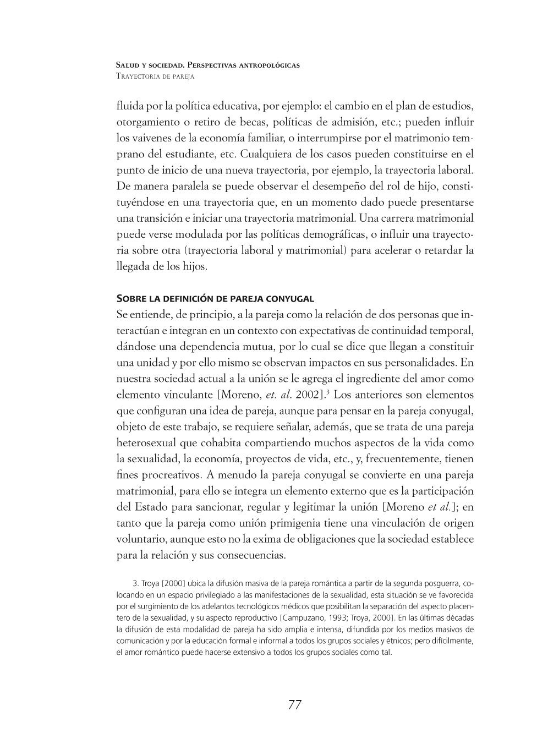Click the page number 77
click(294, 705)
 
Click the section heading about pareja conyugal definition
click(215, 299)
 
